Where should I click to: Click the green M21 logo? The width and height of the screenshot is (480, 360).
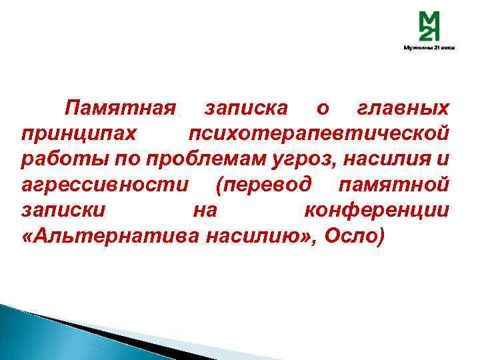pos(429,28)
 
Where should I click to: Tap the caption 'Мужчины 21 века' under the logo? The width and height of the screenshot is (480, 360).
pos(429,48)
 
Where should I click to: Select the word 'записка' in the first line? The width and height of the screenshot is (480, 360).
pos(246,108)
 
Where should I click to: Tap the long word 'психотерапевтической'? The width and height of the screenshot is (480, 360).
pos(318,133)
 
